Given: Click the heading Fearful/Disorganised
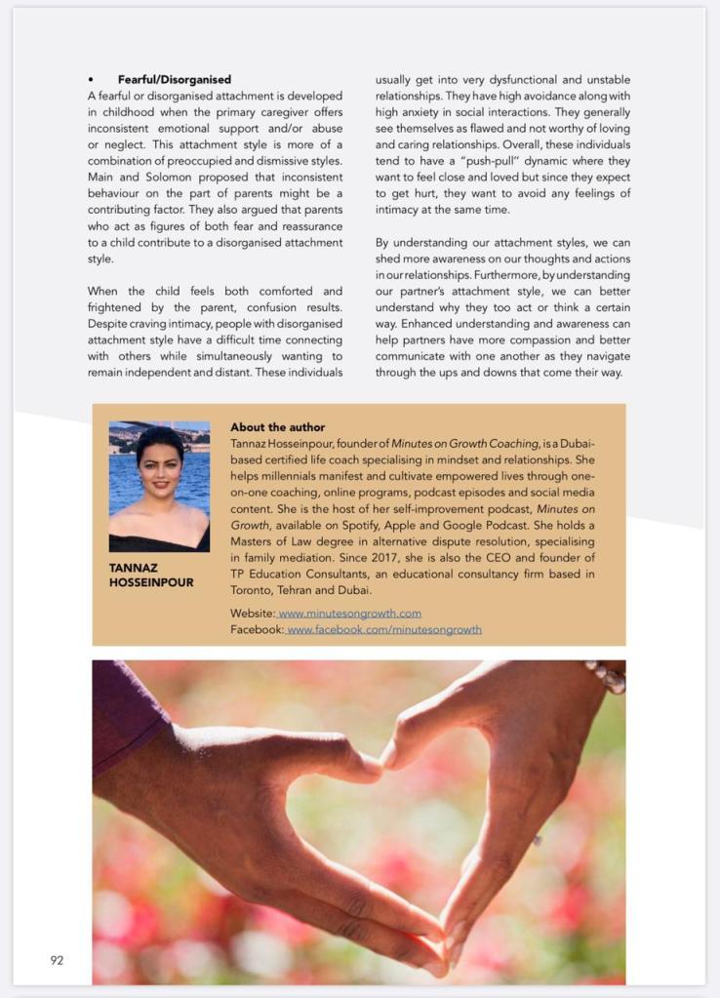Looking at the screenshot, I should [175, 79].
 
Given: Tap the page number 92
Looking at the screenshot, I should [57, 960].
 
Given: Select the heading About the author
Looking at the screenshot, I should [277, 427].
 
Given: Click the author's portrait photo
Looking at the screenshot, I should [159, 486].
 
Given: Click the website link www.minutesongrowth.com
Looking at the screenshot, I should [349, 614].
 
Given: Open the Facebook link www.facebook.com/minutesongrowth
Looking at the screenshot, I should [383, 629].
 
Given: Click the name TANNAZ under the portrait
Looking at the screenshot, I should [133, 567].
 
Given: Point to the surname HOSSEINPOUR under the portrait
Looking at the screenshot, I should [151, 582].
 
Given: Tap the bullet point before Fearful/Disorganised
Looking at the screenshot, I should [91, 79].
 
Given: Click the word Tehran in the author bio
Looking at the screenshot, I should [308, 590].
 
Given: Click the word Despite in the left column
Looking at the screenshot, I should [109, 324].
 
